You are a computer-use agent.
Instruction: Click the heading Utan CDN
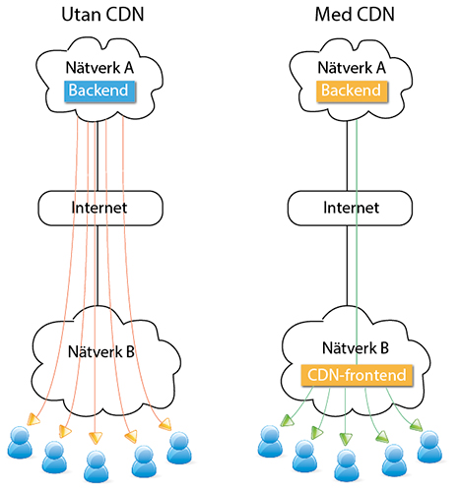pos(102,15)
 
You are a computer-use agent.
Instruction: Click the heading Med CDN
pos(355,15)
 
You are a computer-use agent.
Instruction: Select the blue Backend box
pos(99,91)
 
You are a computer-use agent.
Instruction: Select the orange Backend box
pos(352,91)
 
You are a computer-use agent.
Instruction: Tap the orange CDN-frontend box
pos(357,375)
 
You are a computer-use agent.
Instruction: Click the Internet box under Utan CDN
pos(100,208)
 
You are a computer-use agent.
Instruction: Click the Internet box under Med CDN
pos(350,208)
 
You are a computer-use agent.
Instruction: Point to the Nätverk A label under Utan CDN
pos(99,68)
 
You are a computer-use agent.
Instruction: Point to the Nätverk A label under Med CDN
pos(352,68)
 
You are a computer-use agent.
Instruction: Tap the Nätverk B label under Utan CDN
pos(101,352)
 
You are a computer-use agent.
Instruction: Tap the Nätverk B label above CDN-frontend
pos(356,347)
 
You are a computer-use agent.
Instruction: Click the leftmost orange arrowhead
pos(33,419)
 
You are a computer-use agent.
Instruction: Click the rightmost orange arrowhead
pos(165,424)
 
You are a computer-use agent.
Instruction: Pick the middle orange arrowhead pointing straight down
pos(96,438)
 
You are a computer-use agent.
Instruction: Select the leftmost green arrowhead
pos(287,420)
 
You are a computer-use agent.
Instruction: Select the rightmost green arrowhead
pos(417,425)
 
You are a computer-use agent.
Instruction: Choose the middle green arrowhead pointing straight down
pos(346,439)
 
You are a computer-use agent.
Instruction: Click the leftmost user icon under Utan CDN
pos(20,443)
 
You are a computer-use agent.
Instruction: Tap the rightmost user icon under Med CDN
pos(429,447)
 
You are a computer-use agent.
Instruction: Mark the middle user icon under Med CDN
pos(347,465)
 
